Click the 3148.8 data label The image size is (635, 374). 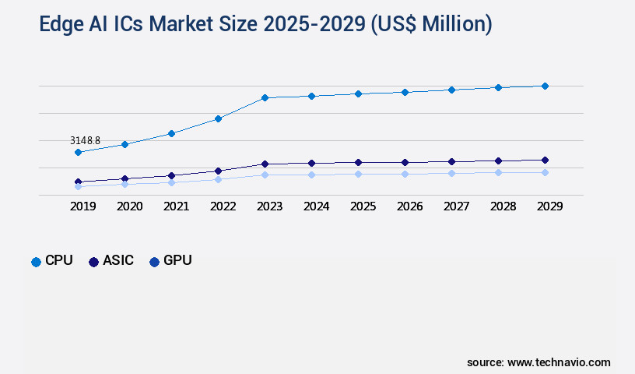[x=85, y=141]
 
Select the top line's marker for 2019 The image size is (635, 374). [x=78, y=152]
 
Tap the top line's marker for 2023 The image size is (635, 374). [x=265, y=97]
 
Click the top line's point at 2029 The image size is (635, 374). [x=545, y=86]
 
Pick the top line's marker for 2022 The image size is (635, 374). [x=218, y=118]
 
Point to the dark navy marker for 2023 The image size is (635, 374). [x=265, y=164]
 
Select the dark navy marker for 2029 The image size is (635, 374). [x=545, y=160]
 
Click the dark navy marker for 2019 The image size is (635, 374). [x=78, y=182]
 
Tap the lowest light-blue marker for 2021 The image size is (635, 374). [x=171, y=182]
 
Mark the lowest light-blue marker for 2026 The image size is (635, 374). [x=405, y=174]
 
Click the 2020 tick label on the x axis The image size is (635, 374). [x=129, y=206]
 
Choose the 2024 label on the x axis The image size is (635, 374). [x=316, y=206]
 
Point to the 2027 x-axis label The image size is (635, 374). [x=456, y=206]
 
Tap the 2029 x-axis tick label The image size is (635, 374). [x=549, y=206]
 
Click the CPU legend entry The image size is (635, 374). [x=52, y=261]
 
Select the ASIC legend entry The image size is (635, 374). [x=111, y=261]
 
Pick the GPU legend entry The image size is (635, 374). [x=170, y=261]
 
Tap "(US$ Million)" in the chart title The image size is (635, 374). [x=431, y=25]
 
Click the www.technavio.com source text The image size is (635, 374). [x=559, y=362]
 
